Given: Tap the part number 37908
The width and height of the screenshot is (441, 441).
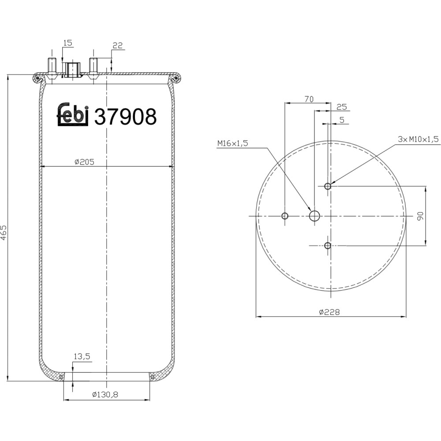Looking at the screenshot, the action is pos(125,116).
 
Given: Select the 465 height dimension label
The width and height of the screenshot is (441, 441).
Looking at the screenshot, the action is pos(4,232).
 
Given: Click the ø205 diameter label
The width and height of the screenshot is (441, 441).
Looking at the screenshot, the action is pos(84,162).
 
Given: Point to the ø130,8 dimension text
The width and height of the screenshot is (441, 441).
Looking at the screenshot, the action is pos(105,395).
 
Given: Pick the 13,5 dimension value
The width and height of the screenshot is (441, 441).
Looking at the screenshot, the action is pos(82,356).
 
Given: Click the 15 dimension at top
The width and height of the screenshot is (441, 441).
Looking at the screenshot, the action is pos(68,43).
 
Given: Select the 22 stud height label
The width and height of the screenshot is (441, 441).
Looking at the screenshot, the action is pos(118,45).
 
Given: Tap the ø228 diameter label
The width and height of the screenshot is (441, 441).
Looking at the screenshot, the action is pos(329,312).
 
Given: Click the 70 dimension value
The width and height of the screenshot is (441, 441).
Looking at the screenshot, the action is pos(309,99).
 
